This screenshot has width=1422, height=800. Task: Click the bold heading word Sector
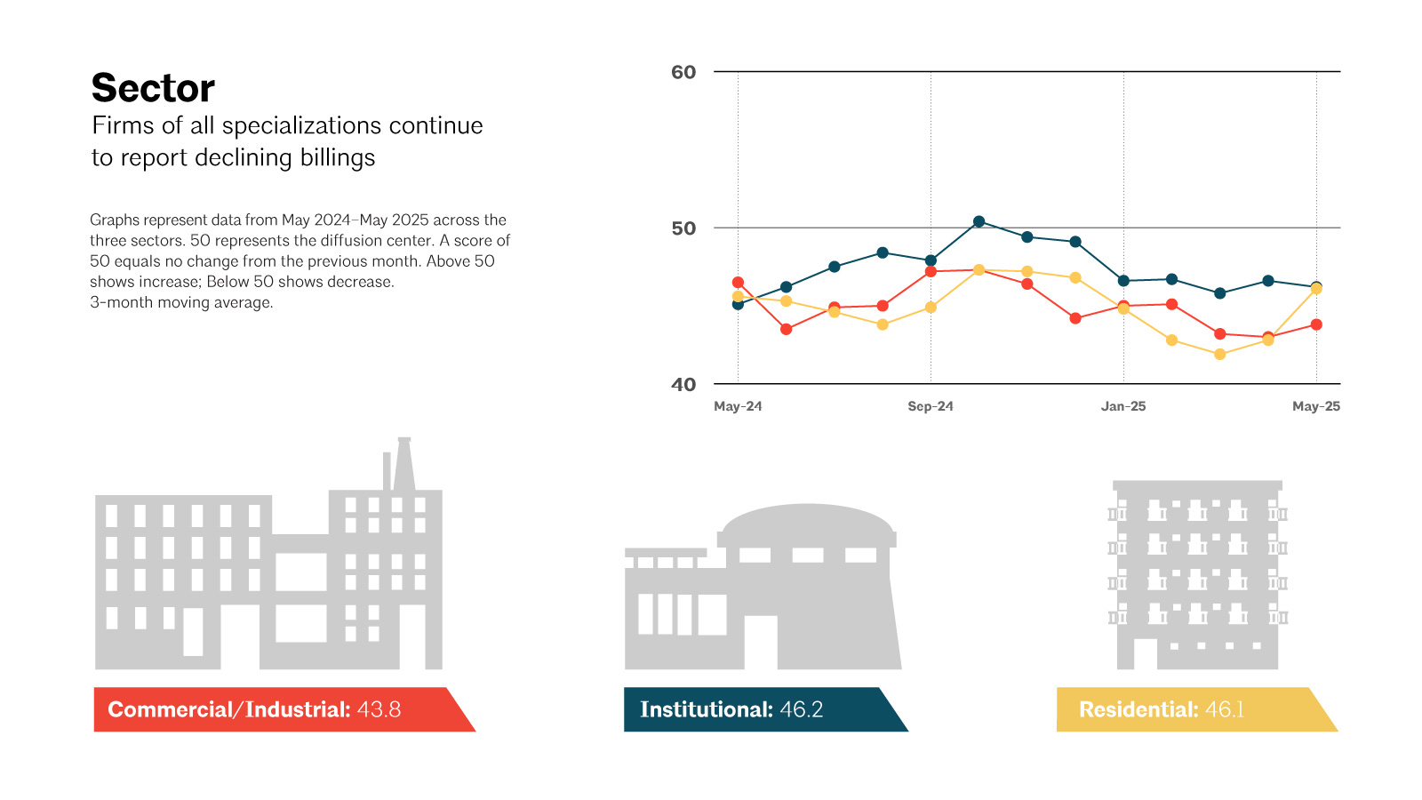(x=153, y=87)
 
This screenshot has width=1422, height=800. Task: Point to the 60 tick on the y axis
(x=683, y=72)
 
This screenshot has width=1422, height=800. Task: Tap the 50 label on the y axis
(x=683, y=228)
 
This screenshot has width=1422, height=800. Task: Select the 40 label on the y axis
(x=683, y=384)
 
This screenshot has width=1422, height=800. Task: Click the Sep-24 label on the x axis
(x=931, y=406)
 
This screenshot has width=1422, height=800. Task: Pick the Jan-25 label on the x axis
(x=1123, y=406)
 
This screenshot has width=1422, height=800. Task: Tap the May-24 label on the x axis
(x=738, y=406)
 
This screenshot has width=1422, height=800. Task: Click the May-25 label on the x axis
(x=1316, y=406)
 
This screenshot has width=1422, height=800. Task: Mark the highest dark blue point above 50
(x=979, y=221)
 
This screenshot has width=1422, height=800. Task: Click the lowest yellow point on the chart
(x=1219, y=355)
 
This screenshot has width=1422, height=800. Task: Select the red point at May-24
(x=738, y=283)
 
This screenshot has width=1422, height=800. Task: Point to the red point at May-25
(x=1316, y=324)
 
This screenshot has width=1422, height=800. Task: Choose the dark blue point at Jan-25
(x=1123, y=281)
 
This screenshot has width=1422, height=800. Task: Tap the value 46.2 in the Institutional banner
(x=801, y=709)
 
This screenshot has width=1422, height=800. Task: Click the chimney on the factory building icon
(x=404, y=463)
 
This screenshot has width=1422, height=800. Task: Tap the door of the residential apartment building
(x=1146, y=653)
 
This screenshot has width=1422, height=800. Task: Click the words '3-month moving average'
(x=181, y=302)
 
